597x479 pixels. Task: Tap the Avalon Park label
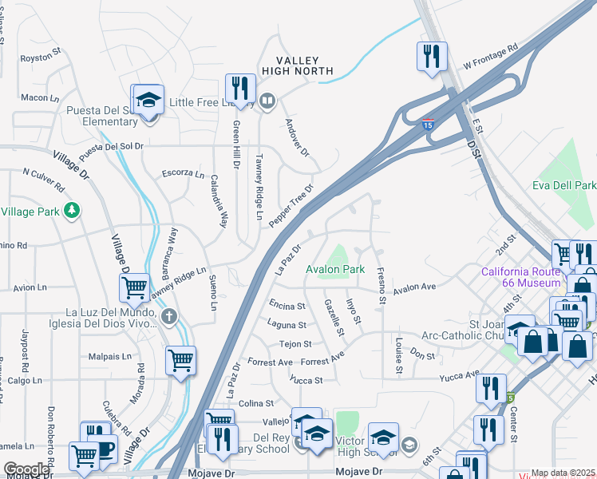point(335,269)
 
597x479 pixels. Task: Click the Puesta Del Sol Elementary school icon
point(148,101)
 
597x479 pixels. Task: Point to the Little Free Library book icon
point(267,101)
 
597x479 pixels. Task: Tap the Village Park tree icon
point(73,210)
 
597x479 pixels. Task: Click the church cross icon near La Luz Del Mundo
point(168,317)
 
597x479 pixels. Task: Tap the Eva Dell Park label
point(564,185)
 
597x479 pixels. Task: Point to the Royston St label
point(41,58)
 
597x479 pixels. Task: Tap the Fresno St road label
point(382,286)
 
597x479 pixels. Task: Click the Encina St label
point(287,306)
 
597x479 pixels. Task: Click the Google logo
point(26,469)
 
